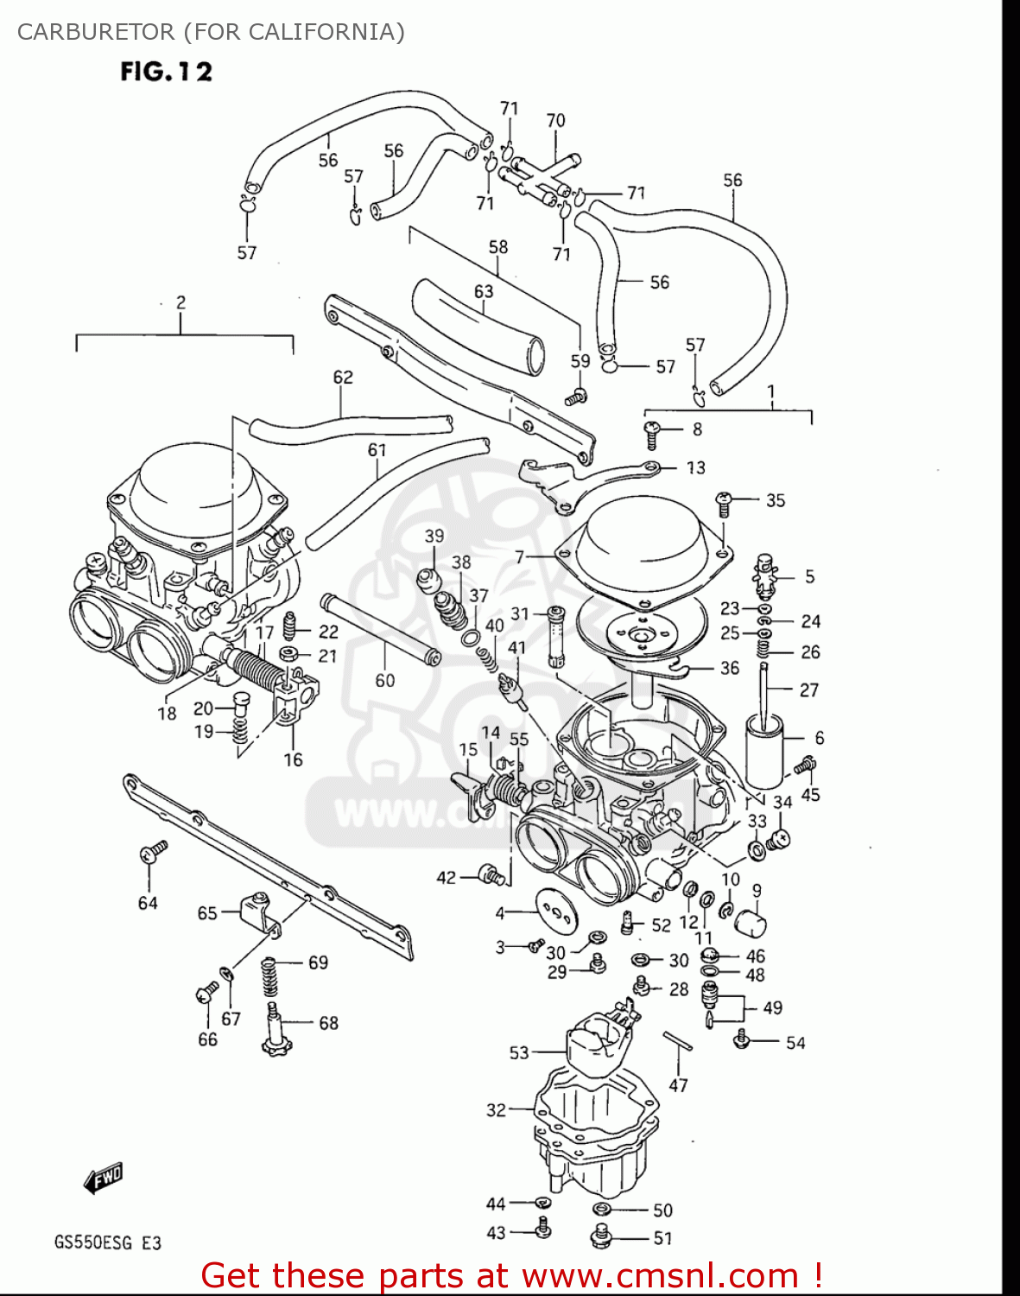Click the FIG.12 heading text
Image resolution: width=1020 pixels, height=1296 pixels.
[166, 71]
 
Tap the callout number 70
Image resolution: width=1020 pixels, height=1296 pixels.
[555, 121]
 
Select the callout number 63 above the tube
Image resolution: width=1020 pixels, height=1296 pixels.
[484, 291]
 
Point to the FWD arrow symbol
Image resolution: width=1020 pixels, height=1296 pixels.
[103, 1178]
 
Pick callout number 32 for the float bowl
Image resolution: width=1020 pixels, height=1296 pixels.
[496, 1109]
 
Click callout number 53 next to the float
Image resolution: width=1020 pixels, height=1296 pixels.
[518, 1052]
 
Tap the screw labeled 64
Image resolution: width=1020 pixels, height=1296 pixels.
[153, 853]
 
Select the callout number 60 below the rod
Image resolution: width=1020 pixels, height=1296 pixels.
[384, 681]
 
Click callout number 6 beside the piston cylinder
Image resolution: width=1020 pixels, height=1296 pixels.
[819, 737]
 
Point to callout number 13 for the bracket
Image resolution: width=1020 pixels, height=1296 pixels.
[695, 467]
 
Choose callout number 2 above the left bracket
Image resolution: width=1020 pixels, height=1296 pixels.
[181, 302]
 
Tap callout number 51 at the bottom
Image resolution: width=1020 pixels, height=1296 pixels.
[662, 1238]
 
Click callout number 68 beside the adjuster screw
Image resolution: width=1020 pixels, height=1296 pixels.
[328, 1023]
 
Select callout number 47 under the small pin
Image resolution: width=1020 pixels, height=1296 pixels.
[678, 1085]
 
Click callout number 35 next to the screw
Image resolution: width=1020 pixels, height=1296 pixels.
[775, 500]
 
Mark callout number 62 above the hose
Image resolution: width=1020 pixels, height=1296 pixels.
[343, 377]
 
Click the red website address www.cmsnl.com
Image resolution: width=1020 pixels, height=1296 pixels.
[660, 1275]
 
